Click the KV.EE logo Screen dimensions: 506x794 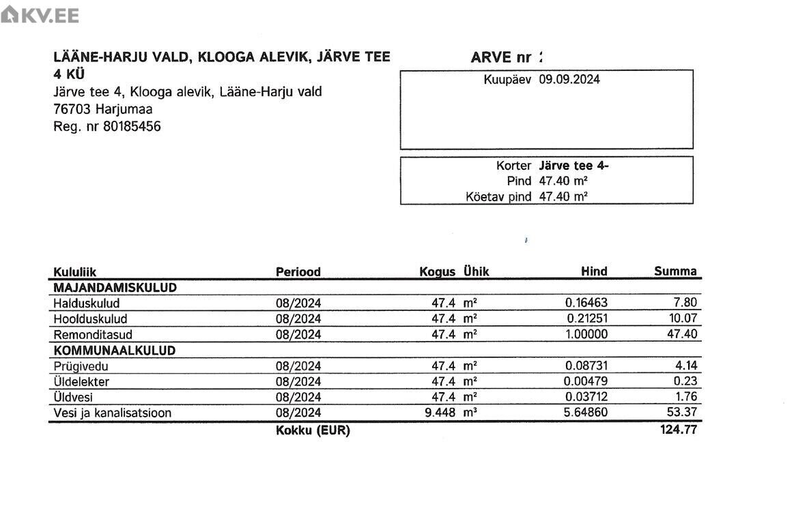tap(40, 15)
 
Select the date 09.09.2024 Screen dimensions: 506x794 tap(569, 79)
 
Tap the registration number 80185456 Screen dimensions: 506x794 tap(132, 126)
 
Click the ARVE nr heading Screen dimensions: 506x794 tap(501, 58)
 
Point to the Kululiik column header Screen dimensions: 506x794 tap(75, 272)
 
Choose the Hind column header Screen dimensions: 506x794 tap(593, 271)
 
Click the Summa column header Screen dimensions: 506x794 tap(675, 271)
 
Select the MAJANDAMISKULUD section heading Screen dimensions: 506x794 tap(115, 288)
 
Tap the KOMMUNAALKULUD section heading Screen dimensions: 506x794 tap(114, 351)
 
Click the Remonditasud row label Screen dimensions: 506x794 tap(93, 335)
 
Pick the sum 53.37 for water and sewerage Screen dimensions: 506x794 tap(681, 413)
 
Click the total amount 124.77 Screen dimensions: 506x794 tap(678, 430)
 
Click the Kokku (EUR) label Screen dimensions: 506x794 tap(313, 431)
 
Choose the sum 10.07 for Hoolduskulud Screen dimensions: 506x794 tap(681, 319)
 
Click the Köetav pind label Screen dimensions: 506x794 tap(498, 197)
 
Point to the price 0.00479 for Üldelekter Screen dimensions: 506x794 tap(586, 381)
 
